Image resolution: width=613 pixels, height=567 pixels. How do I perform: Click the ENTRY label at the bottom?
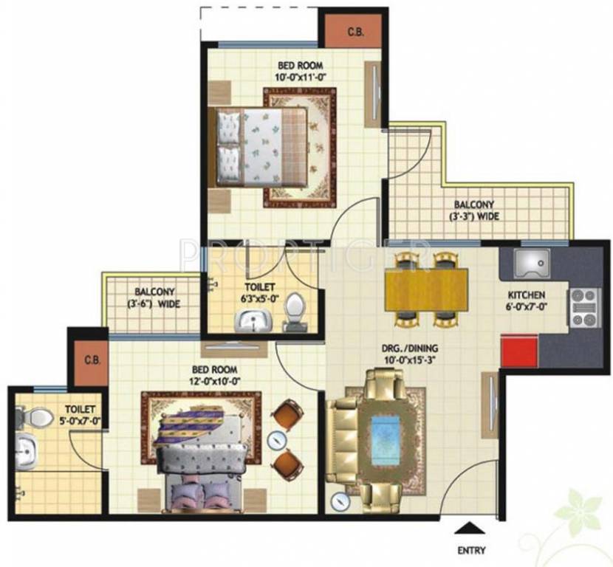click(472, 549)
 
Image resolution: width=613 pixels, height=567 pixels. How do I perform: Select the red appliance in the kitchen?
click(518, 349)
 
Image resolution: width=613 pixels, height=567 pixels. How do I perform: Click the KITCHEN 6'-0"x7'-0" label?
click(526, 300)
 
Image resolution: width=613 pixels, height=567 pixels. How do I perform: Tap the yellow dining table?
click(426, 288)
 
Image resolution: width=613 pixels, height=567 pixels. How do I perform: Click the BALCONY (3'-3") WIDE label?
click(474, 210)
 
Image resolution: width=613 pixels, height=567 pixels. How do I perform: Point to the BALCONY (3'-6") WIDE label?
click(154, 298)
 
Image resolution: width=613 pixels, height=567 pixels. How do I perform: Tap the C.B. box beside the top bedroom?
click(355, 32)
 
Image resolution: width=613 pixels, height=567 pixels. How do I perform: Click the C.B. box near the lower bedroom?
click(92, 361)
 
